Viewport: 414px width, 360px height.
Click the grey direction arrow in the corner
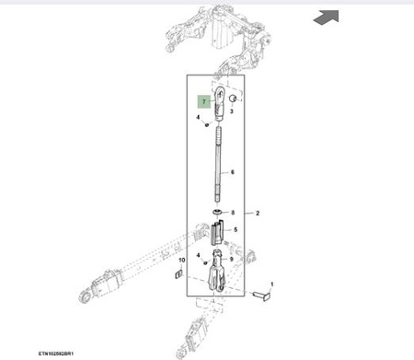click(327, 17)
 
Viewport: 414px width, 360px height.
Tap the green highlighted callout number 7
click(204, 102)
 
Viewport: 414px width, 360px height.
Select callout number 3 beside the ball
click(232, 111)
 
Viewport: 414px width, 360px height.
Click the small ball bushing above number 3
click(234, 99)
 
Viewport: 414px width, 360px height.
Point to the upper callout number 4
click(198, 117)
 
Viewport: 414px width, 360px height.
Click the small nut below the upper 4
click(207, 124)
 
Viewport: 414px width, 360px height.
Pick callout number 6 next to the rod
click(233, 172)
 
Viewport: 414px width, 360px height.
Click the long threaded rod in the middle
click(218, 164)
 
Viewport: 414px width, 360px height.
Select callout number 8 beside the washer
click(233, 213)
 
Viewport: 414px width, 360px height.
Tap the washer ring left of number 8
click(218, 212)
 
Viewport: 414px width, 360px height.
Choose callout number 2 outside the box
click(258, 213)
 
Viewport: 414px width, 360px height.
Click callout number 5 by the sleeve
click(236, 229)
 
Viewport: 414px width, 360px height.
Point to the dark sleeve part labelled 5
click(217, 232)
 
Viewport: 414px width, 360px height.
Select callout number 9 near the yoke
click(232, 259)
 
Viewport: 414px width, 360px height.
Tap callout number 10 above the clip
click(182, 261)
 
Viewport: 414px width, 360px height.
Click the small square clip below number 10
click(178, 273)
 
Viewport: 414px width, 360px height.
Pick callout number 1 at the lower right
click(271, 285)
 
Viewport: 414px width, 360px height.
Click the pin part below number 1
click(262, 296)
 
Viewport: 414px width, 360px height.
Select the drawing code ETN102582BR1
click(56, 354)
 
